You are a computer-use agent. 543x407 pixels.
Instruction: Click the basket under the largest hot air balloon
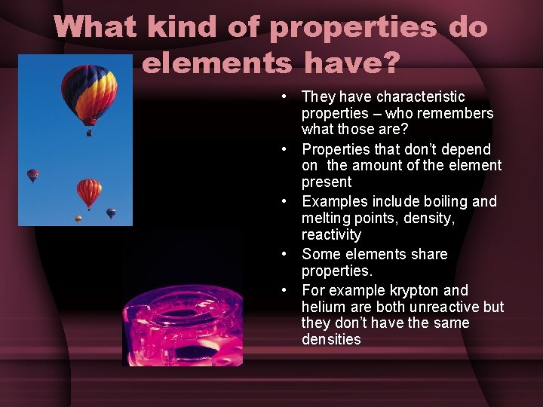(x=90, y=133)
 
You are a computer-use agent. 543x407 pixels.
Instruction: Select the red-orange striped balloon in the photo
(x=89, y=191)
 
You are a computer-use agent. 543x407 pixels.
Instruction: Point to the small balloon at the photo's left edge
(x=32, y=175)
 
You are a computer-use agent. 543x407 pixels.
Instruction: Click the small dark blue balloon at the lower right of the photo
(x=111, y=213)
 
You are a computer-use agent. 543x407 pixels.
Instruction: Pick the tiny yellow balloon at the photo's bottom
(x=78, y=219)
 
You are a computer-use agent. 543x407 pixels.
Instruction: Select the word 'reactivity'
(x=331, y=234)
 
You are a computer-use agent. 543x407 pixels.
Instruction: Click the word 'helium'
(x=324, y=307)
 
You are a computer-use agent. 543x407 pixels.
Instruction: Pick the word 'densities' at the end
(x=331, y=339)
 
